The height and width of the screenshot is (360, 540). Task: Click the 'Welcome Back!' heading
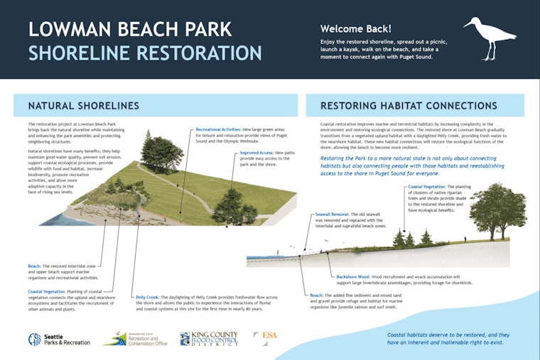coord(355,29)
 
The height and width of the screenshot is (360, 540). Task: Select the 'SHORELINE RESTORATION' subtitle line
coord(144,53)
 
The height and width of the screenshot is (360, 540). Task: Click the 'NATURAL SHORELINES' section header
coord(84,106)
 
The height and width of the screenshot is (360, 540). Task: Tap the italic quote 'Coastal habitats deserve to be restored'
coord(446,338)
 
